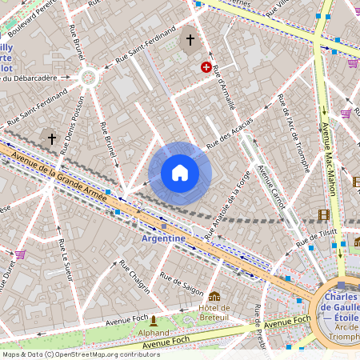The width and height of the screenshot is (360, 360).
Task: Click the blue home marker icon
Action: (x=180, y=173)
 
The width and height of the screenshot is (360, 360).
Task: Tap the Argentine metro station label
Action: (x=163, y=238)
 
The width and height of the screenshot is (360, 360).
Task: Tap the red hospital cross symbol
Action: (x=206, y=68)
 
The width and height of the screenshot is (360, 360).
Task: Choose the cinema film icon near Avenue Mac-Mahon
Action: (x=323, y=214)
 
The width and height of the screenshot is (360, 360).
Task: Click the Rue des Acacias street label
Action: (x=230, y=134)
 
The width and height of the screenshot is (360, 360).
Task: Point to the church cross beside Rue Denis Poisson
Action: (x=52, y=138)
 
